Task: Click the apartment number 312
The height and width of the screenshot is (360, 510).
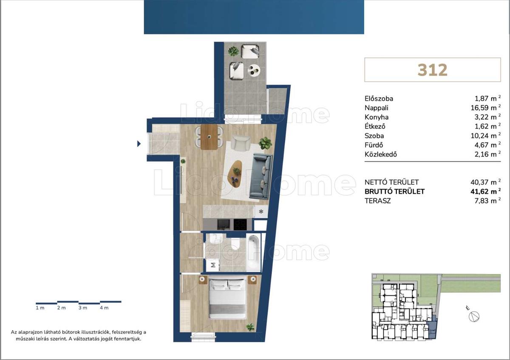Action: tap(432, 70)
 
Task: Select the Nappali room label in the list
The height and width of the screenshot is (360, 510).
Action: tap(377, 108)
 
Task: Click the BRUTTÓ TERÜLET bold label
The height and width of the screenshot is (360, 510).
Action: tap(394, 192)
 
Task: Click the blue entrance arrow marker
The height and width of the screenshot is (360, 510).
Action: tap(139, 144)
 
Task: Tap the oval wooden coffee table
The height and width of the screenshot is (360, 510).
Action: tap(235, 174)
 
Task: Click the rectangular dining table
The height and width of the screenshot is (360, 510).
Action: tap(209, 137)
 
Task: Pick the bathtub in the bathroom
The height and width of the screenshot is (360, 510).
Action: tap(254, 252)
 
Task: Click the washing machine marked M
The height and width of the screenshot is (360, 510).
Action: tap(213, 265)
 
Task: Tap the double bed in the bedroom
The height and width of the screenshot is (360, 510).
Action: tap(228, 299)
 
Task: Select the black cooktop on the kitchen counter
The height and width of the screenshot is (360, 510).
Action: tap(240, 224)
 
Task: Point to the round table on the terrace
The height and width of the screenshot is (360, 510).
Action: tap(254, 70)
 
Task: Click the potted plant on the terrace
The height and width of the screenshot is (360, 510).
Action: tap(233, 51)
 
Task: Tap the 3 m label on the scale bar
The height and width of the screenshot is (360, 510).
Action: tap(83, 308)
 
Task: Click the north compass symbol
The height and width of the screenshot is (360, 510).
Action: tap(474, 317)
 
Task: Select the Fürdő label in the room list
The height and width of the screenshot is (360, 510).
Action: tap(374, 145)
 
